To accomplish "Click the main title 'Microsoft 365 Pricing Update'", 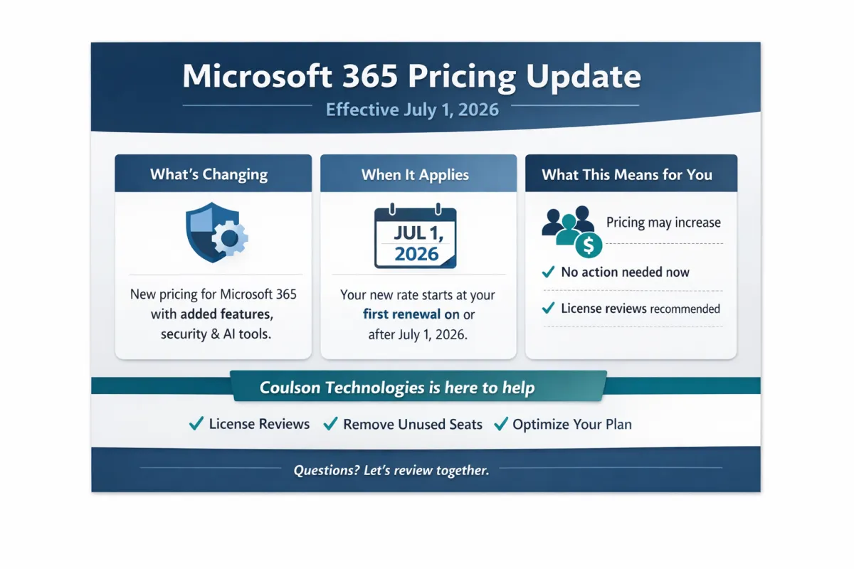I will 411,77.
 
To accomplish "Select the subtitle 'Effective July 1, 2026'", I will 411,110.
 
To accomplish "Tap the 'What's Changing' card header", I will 209,175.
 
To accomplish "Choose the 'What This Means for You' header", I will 626,175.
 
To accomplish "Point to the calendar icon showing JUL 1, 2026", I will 416,238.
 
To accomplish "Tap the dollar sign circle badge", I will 589,246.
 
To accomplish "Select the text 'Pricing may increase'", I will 663,223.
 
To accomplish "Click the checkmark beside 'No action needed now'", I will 548,272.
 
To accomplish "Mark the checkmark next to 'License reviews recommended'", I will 548,308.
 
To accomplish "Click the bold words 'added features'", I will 226,314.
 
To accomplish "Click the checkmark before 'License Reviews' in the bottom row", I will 196,424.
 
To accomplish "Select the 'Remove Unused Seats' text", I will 413,425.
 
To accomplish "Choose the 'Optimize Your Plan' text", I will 571,425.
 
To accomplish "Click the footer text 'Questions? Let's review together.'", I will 391,470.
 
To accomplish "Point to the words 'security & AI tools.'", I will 216,334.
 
